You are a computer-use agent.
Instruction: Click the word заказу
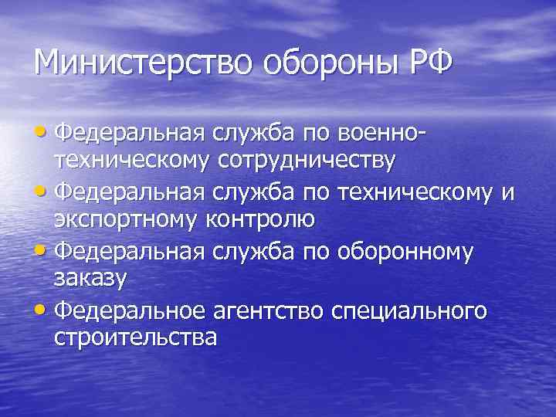point(89,278)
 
